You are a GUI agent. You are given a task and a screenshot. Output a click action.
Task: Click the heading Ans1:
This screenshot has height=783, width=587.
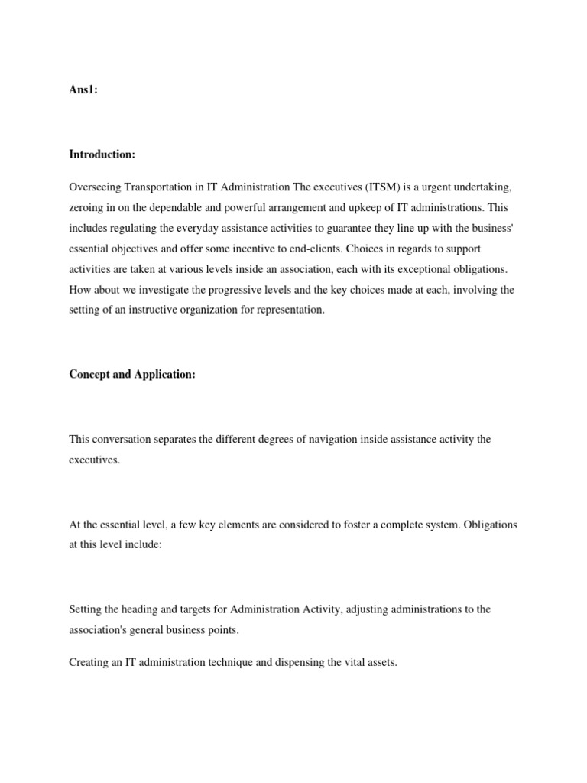click(83, 89)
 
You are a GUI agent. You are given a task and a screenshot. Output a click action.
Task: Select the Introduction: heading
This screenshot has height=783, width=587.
click(102, 154)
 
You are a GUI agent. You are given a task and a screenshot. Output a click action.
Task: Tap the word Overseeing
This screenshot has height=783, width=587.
click(94, 187)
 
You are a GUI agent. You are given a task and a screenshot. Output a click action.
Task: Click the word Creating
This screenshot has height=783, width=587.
click(88, 662)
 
